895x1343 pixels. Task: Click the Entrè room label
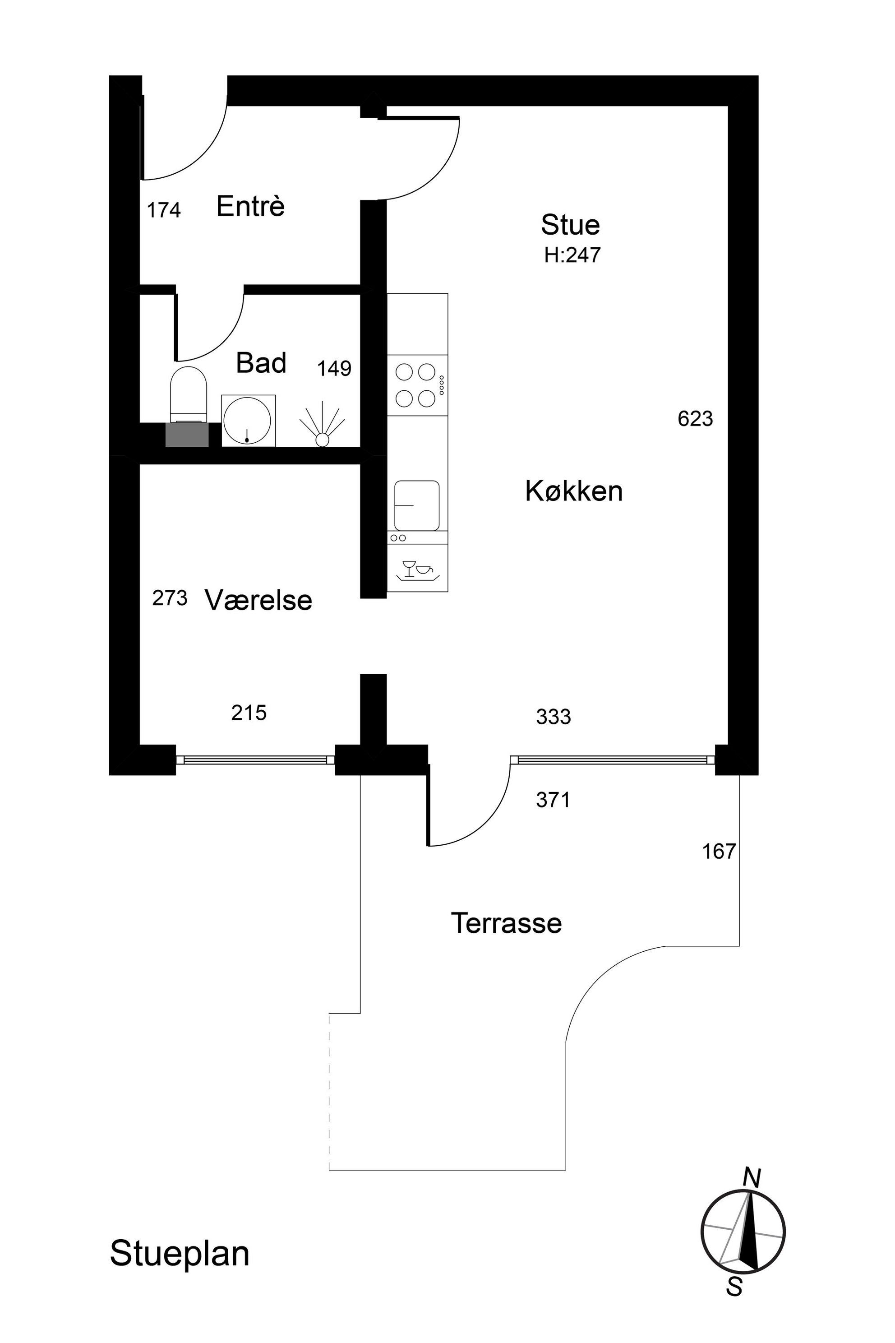pos(250,206)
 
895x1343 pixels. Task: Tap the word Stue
pos(570,225)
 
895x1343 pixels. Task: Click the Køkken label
pos(574,491)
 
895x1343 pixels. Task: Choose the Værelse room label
pos(258,600)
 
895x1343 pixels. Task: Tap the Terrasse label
pos(506,923)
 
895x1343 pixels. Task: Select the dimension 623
pos(695,419)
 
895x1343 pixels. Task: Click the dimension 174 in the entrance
pos(164,210)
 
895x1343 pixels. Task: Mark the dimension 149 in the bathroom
pos(334,368)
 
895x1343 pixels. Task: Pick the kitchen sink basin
pos(417,505)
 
